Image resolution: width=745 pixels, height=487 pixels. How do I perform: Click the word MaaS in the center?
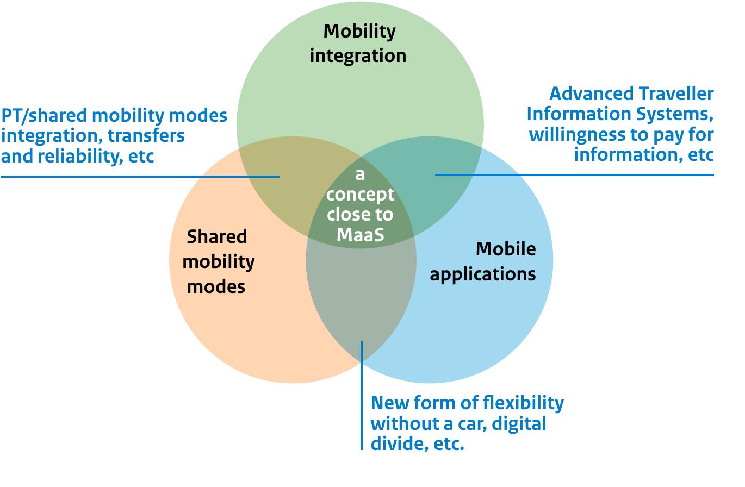click(x=360, y=234)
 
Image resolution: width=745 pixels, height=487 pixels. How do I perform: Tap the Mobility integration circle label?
click(x=358, y=43)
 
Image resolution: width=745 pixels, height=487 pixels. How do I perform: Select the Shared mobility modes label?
click(x=218, y=261)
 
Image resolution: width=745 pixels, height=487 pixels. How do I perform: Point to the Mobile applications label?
click(x=482, y=261)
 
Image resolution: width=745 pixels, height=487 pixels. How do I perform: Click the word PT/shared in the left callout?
click(x=44, y=116)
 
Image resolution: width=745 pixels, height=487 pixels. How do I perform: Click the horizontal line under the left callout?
click(x=140, y=176)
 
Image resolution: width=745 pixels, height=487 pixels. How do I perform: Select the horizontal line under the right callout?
click(x=574, y=175)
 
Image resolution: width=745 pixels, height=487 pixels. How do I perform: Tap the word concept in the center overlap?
click(x=360, y=195)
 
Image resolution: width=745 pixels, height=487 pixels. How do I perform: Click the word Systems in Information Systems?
click(x=668, y=114)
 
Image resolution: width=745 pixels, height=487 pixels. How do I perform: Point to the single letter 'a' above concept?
click(x=359, y=175)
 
